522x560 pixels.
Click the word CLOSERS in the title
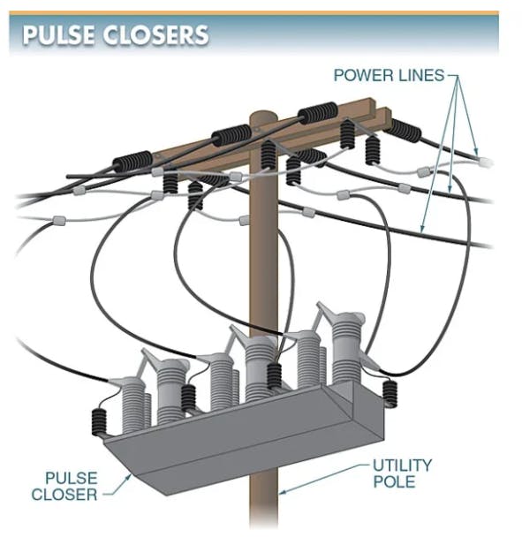[x=156, y=35]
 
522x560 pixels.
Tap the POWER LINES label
[x=390, y=75]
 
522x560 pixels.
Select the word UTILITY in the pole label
[x=403, y=465]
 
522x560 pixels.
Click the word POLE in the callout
[x=394, y=481]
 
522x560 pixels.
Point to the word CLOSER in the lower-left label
[x=64, y=495]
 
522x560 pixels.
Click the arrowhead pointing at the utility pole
[x=282, y=493]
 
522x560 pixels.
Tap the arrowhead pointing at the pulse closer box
[x=128, y=477]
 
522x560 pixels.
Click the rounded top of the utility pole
[x=263, y=117]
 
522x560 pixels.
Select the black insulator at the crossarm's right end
[x=404, y=130]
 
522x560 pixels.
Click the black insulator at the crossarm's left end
[x=132, y=163]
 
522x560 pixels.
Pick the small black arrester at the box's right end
[x=390, y=394]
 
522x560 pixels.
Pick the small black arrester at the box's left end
[x=99, y=422]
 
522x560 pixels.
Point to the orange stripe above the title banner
[x=253, y=13]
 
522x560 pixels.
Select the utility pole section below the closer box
[x=264, y=500]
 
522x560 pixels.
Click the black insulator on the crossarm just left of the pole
[x=231, y=135]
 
